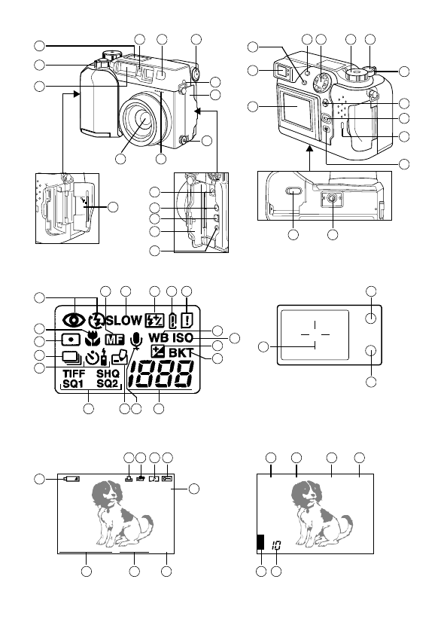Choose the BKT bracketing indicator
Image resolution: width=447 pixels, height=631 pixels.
point(181,352)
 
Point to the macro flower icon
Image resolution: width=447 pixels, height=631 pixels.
point(94,338)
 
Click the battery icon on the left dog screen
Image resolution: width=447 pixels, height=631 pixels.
point(72,478)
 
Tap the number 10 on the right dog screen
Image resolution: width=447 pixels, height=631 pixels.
point(277,544)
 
